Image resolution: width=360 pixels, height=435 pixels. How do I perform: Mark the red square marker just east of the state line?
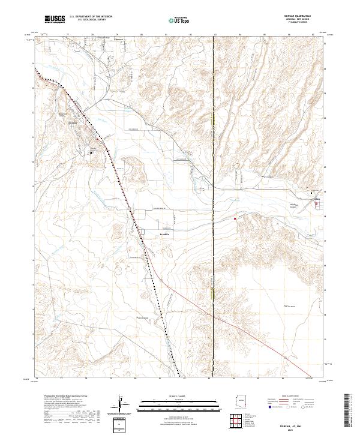pos(235,219)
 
